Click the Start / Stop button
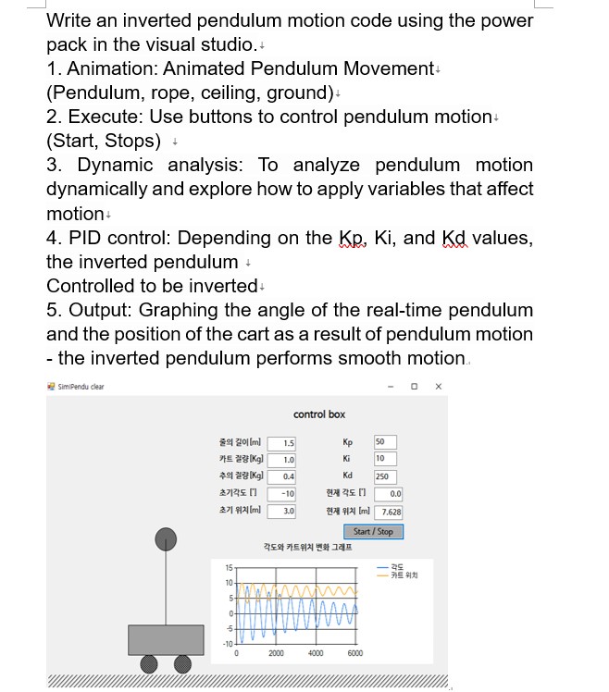click(373, 531)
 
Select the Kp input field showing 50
click(384, 441)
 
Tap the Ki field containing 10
click(384, 459)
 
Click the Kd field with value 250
click(384, 476)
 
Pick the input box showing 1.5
click(281, 443)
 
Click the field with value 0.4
click(281, 476)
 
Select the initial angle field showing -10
click(281, 494)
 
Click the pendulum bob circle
click(166, 538)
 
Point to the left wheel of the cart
click(148, 664)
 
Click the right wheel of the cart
click(183, 664)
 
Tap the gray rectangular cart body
click(166, 639)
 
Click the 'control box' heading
click(319, 414)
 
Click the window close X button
click(439, 386)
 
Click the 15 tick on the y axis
click(228, 566)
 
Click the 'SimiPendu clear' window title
click(80, 386)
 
